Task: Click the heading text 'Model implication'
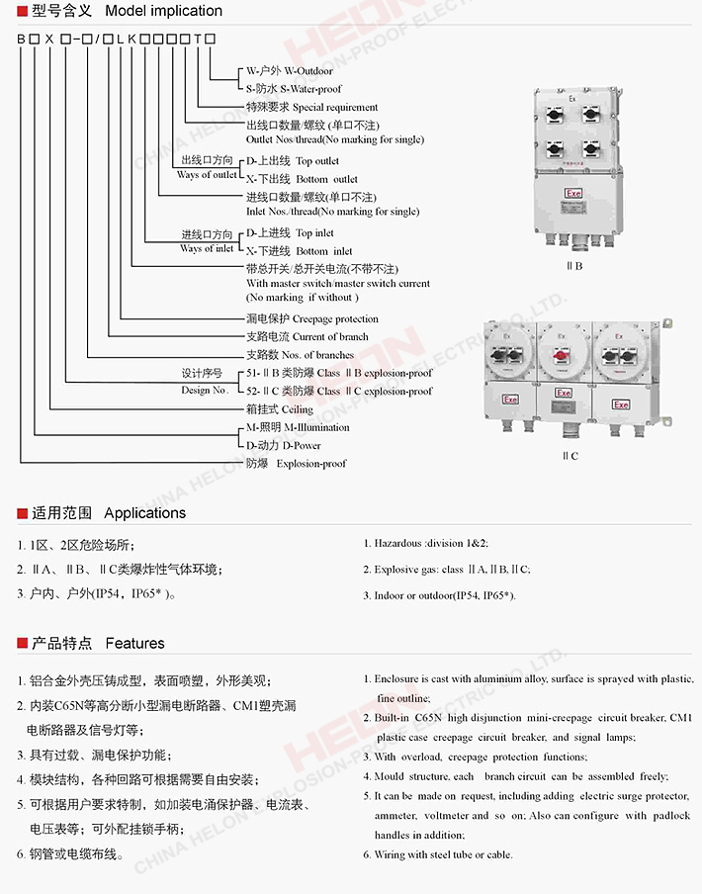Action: click(163, 11)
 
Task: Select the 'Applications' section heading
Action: click(144, 513)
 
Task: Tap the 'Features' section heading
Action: click(134, 643)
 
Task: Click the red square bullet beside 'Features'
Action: click(22, 644)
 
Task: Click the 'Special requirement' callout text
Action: click(335, 107)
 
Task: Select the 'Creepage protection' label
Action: click(336, 318)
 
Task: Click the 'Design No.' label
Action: click(205, 391)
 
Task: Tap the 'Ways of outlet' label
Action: click(208, 175)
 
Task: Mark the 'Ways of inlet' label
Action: click(208, 248)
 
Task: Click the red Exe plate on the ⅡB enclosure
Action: click(572, 195)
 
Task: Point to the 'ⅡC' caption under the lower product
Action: click(570, 456)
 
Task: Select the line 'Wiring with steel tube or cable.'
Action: click(443, 854)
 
